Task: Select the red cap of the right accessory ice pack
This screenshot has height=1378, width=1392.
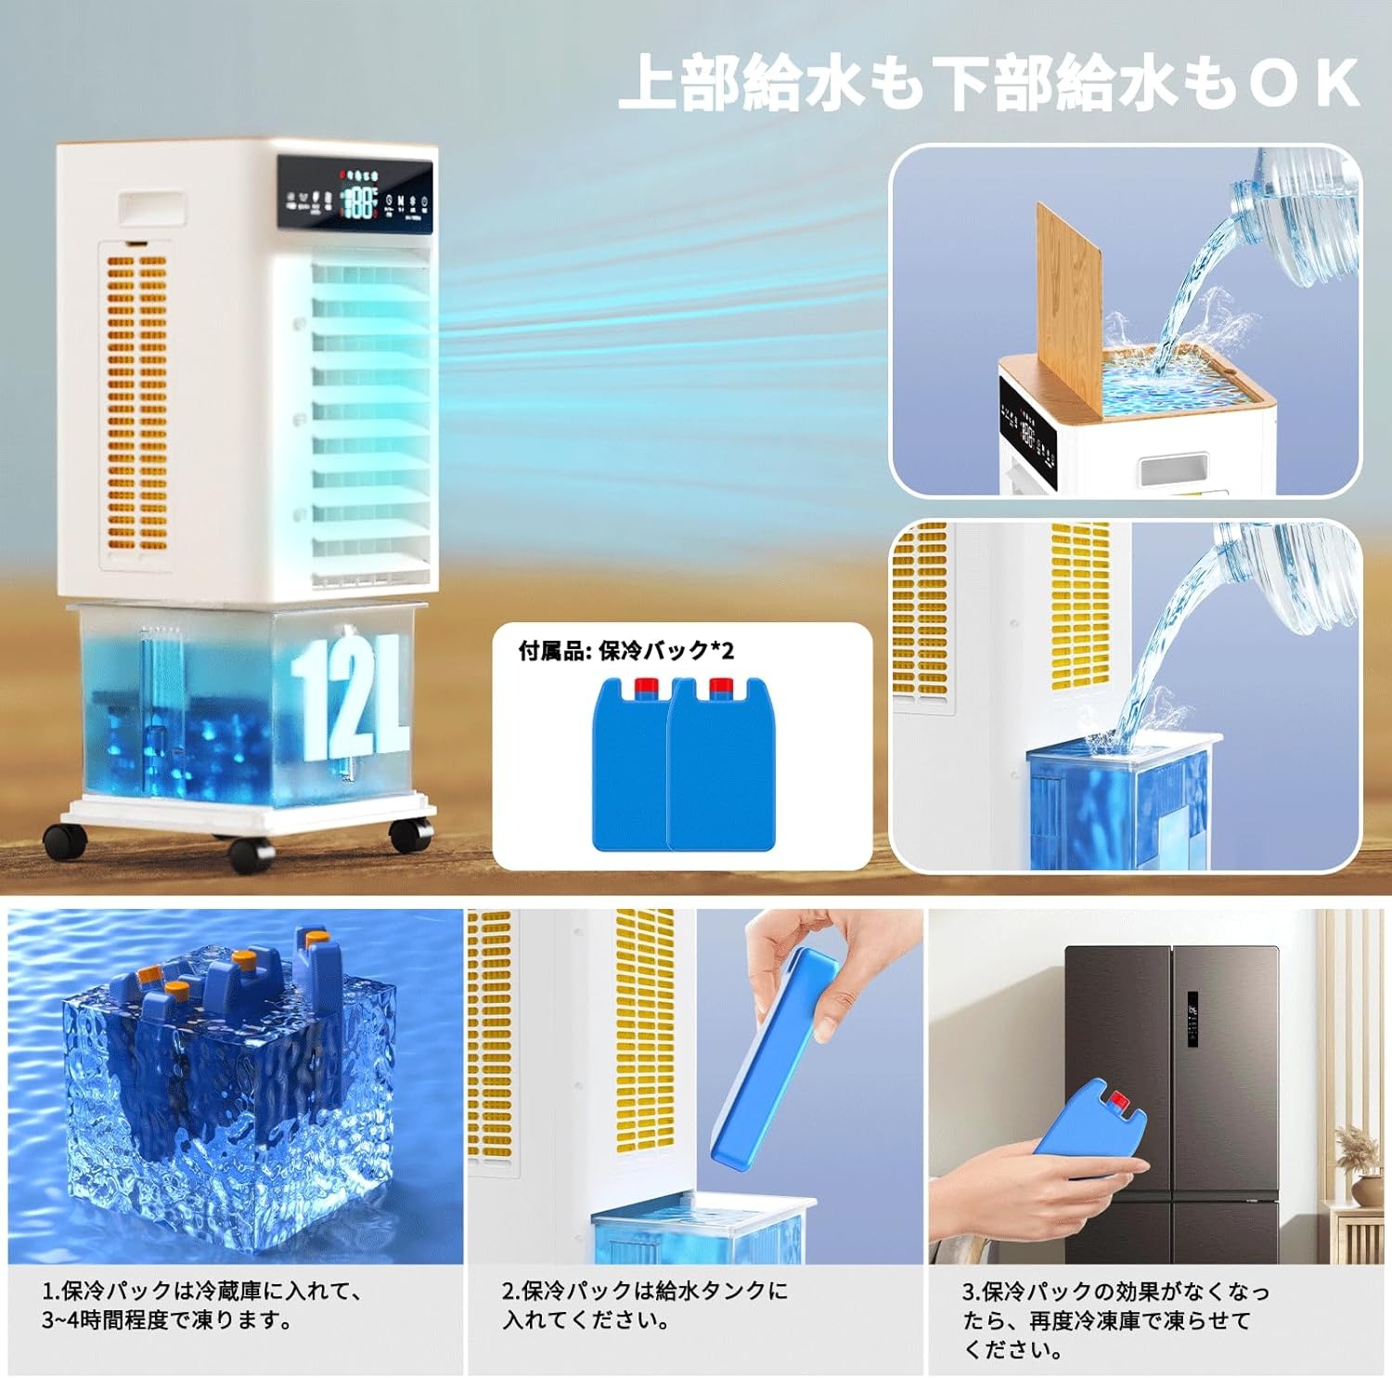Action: point(721,688)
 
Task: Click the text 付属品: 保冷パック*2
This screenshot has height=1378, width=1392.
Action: point(625,651)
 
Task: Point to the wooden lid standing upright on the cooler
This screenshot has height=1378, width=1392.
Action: point(1070,306)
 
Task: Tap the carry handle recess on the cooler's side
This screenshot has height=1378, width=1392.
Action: point(150,208)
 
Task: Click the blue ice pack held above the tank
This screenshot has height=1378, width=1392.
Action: point(775,1059)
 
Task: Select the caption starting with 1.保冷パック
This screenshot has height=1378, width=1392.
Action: point(202,1305)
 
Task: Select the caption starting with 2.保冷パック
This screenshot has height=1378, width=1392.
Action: point(644,1305)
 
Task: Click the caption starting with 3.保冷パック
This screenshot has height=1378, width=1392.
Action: point(1114,1319)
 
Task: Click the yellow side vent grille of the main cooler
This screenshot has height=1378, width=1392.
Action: point(136,399)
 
